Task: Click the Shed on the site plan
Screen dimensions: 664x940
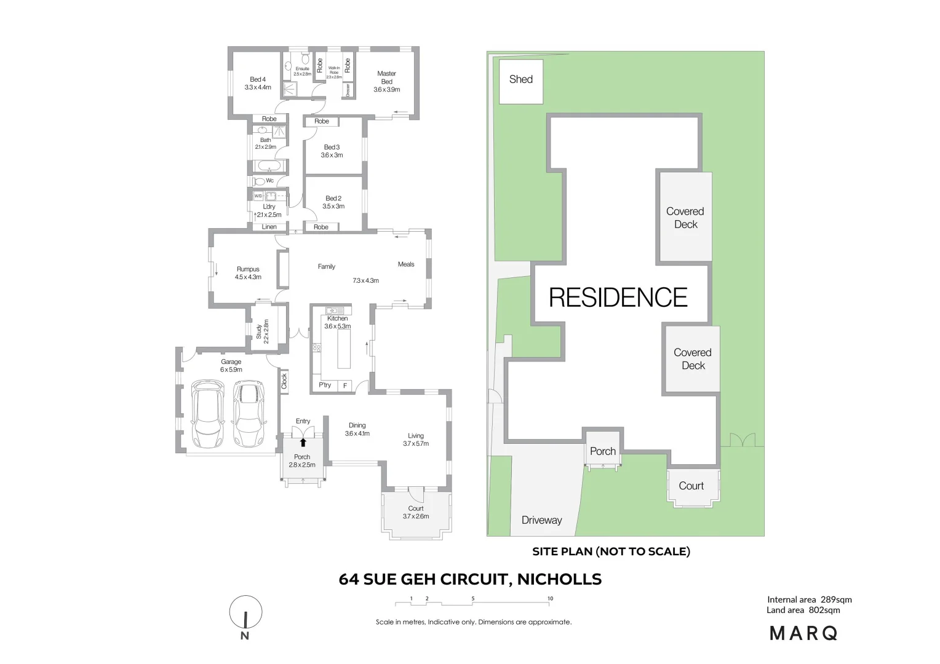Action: tap(521, 81)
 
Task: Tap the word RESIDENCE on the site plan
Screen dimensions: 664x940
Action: tap(618, 298)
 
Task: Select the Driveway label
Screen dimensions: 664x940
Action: tap(541, 520)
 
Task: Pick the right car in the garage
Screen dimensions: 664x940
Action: tap(249, 414)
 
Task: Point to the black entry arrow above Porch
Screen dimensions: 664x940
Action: tap(303, 442)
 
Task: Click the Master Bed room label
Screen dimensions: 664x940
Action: tap(386, 81)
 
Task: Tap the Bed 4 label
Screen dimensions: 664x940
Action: tap(258, 83)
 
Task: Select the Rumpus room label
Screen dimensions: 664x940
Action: tap(248, 273)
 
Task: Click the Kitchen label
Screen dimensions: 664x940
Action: tap(337, 318)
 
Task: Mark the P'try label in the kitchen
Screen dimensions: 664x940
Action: tap(325, 385)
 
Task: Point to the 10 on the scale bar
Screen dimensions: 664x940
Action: tap(550, 598)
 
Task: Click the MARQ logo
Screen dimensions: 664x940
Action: tap(803, 633)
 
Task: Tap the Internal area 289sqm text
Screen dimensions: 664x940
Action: tap(809, 599)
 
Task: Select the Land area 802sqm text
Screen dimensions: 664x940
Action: tap(803, 610)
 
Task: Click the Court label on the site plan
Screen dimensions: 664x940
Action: tap(691, 486)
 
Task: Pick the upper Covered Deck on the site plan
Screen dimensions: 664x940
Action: tap(685, 218)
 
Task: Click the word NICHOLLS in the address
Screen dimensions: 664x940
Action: tap(559, 579)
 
